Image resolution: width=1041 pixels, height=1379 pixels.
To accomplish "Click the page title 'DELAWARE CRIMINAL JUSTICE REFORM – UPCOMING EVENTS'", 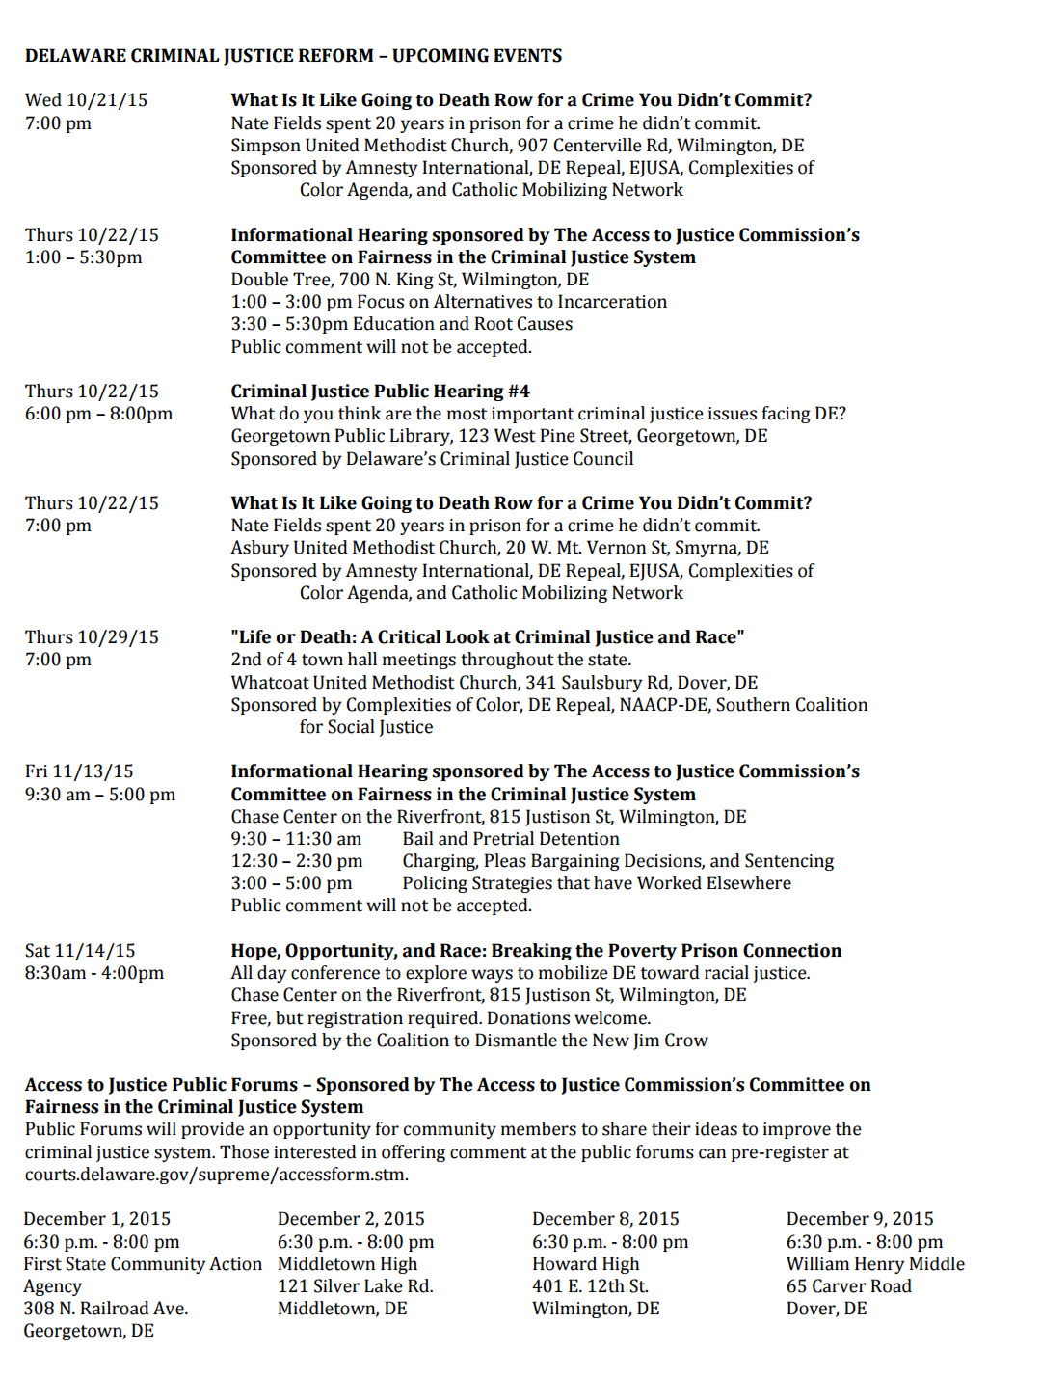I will [x=293, y=56].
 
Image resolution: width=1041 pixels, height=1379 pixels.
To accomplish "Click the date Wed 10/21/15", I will [x=86, y=100].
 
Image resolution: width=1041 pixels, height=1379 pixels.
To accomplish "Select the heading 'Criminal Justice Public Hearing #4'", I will [x=380, y=392].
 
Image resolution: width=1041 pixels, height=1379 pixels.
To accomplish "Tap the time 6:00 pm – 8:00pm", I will [x=98, y=414].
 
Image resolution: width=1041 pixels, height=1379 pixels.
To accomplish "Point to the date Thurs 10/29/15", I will [x=92, y=637].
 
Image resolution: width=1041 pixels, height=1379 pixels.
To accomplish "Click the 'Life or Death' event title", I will [x=487, y=637].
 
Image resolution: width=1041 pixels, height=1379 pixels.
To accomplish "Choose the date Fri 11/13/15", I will [x=79, y=771].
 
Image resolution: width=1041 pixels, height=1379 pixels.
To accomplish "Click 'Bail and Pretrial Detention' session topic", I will [x=510, y=839].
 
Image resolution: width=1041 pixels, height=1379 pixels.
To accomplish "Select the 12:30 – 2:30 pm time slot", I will [x=296, y=861].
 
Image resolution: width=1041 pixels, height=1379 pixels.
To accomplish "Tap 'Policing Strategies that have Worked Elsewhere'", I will [x=596, y=883].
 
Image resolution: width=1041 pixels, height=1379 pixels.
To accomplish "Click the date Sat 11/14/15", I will [x=80, y=951].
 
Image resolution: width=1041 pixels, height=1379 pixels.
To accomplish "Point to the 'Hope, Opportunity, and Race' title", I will [x=535, y=951].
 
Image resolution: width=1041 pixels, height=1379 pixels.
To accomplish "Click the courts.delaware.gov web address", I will [x=216, y=1175].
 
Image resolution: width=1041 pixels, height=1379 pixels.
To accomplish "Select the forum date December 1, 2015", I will [x=96, y=1219].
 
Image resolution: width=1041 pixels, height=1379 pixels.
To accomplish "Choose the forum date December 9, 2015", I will [x=860, y=1219].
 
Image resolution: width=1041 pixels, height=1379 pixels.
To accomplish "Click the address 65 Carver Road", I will [x=848, y=1286].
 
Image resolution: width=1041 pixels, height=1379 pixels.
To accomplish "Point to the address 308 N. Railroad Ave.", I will [x=106, y=1309].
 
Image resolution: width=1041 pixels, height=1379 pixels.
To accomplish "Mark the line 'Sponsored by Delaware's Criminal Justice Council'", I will [x=432, y=459].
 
